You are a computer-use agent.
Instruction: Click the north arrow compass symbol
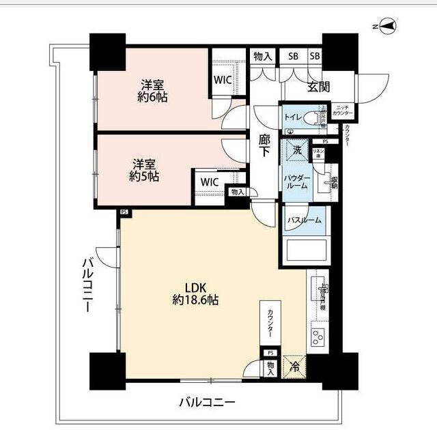pos(386,26)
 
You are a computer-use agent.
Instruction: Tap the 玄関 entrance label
pos(318,86)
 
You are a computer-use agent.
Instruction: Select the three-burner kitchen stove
pos(319,336)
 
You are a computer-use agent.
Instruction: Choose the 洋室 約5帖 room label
pos(145,170)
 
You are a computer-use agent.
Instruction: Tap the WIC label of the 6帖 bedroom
pos(223,79)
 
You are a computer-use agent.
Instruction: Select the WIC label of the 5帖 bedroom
pos(210,182)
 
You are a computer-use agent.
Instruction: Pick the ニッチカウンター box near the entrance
pos(343,111)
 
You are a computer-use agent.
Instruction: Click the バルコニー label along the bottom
pos(207,403)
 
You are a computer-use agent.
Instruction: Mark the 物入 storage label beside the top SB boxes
pos(262,57)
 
